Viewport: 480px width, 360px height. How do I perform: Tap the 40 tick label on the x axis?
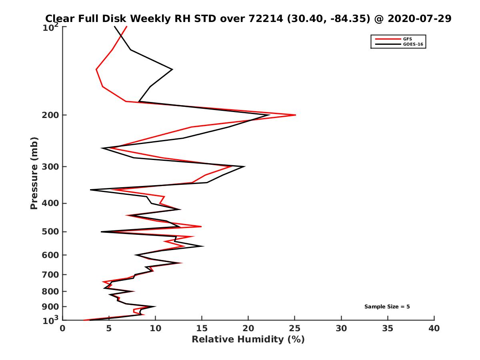point(434,328)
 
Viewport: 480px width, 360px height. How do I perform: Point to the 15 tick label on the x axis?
point(202,328)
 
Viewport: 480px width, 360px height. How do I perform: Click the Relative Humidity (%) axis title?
point(248,340)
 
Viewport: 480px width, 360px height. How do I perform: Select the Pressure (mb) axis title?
point(34,173)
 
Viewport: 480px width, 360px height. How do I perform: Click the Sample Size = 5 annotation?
point(387,307)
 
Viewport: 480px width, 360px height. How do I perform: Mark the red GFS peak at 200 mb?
point(295,115)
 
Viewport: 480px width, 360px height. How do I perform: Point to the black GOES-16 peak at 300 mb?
point(244,166)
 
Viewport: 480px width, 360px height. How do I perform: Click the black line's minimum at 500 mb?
point(102,232)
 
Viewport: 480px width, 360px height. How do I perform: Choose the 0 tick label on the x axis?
point(63,328)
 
